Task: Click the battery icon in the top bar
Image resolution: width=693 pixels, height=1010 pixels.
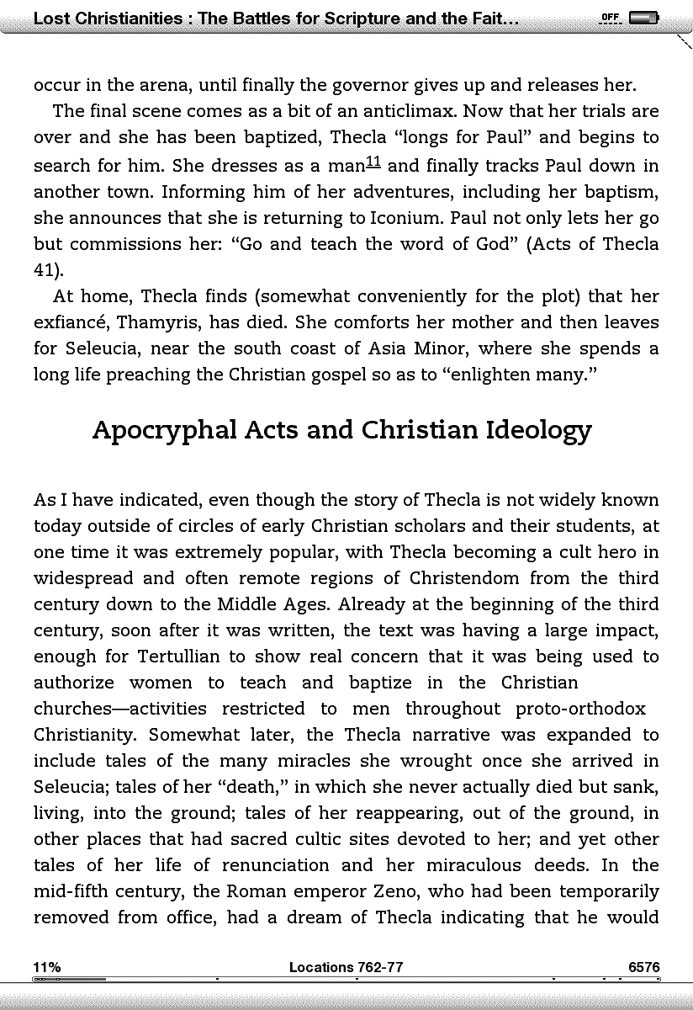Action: click(x=644, y=18)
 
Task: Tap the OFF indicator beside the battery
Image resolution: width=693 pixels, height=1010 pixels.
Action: click(x=610, y=18)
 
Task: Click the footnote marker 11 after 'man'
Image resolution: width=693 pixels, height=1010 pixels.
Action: click(x=373, y=162)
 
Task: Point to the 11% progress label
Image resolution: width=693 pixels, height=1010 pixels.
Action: click(x=46, y=967)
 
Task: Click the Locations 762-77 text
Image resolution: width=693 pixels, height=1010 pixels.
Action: click(x=346, y=967)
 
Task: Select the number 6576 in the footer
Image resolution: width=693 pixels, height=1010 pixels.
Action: click(x=643, y=967)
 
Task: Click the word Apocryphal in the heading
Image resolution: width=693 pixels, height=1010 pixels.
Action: click(x=164, y=430)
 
